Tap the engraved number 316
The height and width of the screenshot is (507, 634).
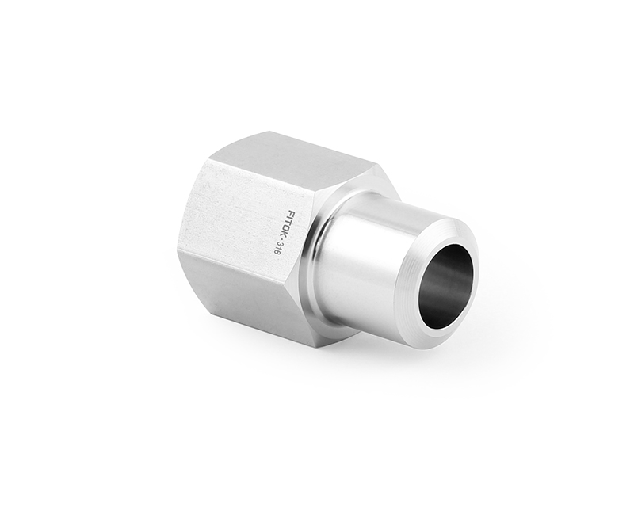click(278, 248)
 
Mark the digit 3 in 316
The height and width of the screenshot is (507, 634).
click(280, 243)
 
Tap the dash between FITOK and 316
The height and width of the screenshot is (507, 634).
click(282, 239)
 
